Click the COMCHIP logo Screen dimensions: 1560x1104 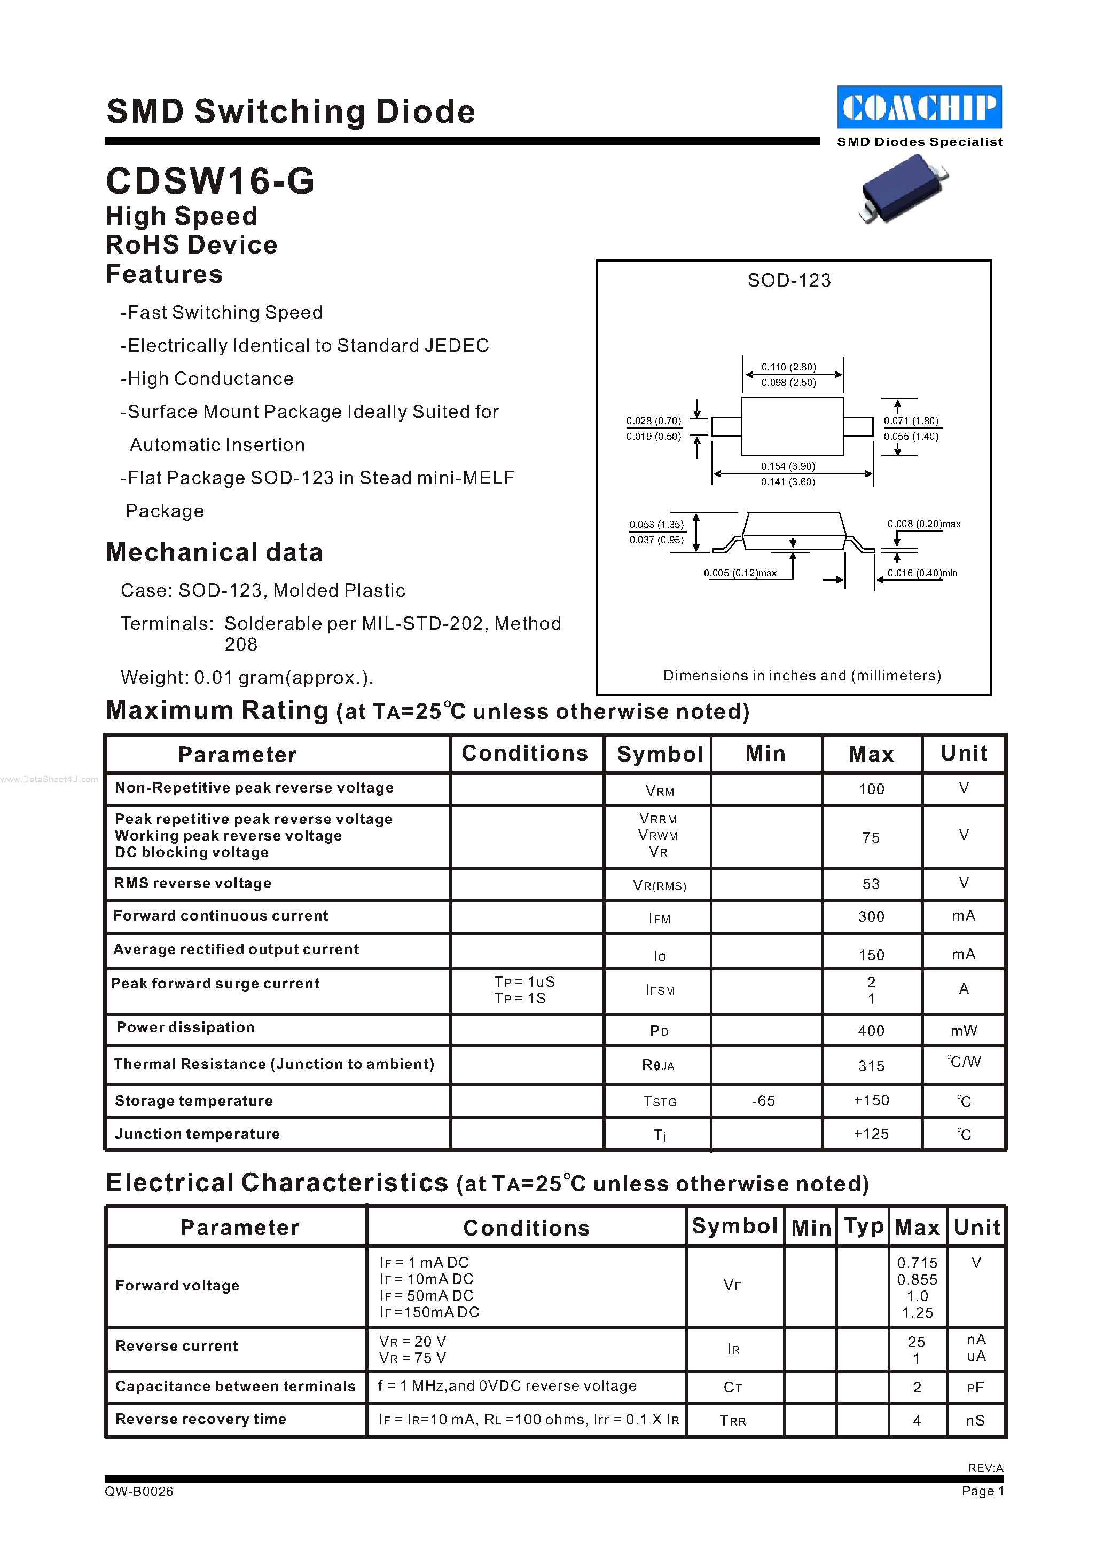tap(919, 107)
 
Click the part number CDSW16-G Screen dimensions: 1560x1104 tap(210, 181)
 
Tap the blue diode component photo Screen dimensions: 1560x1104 tap(902, 189)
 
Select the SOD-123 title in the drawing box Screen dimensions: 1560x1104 tap(788, 281)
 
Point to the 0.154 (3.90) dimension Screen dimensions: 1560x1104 tap(787, 466)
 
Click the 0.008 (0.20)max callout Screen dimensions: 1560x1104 tap(923, 524)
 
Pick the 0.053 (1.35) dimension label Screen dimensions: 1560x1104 tap(656, 525)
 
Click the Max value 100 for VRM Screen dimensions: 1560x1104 tap(871, 789)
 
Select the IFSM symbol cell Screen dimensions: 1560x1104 tap(660, 991)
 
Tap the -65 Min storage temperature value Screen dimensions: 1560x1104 tap(763, 1100)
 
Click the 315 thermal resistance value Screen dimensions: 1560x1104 tap(871, 1066)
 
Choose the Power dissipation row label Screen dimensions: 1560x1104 tap(185, 1027)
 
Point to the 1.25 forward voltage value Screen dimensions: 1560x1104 tap(917, 1313)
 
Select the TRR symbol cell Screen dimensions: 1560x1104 tap(732, 1421)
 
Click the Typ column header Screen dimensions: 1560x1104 tap(863, 1226)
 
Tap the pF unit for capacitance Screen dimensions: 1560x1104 tap(975, 1388)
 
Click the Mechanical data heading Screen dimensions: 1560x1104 tap(214, 552)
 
